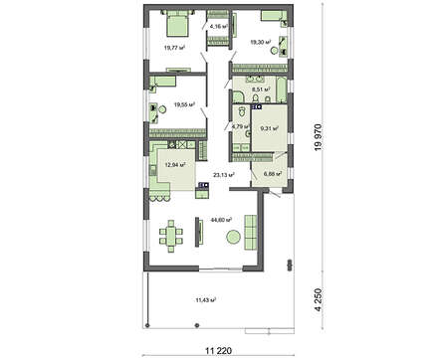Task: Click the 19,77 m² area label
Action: pos(165,45)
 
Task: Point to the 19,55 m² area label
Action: pos(184,103)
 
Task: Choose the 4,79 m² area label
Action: pos(238,126)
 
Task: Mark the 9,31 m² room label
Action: pos(269,127)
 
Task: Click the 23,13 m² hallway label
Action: pos(223,174)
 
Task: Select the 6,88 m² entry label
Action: pos(272,174)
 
